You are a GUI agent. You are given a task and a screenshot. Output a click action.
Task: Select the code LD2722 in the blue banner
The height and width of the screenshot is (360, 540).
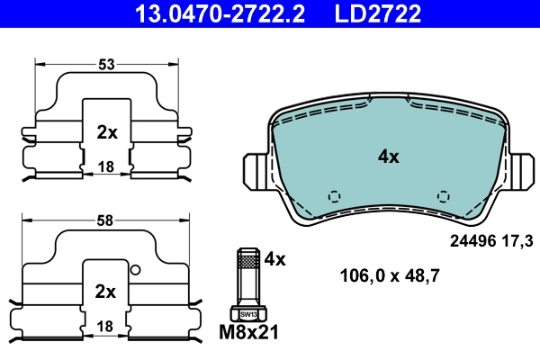tap(379, 13)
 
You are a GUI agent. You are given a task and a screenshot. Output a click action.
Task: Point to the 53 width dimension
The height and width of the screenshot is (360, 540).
tap(106, 64)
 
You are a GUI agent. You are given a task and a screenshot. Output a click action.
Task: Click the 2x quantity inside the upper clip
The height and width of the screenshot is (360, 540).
tap(106, 132)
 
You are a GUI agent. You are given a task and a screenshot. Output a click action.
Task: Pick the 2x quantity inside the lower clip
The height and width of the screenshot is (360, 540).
tap(106, 292)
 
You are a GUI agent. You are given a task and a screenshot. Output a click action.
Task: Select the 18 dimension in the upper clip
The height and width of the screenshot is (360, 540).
tap(106, 167)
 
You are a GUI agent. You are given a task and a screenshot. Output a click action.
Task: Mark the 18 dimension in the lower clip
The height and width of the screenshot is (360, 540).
tap(106, 325)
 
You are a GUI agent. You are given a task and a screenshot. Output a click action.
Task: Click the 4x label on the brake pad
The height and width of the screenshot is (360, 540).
tap(388, 157)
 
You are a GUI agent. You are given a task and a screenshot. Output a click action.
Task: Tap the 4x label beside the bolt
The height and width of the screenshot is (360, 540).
tap(274, 259)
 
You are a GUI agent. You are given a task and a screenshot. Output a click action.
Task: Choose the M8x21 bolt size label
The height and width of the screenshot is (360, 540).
tap(250, 334)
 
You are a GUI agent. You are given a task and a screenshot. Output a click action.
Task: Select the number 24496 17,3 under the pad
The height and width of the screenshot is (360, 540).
tap(490, 240)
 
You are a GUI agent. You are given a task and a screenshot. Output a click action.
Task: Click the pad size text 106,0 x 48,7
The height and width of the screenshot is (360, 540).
tap(389, 276)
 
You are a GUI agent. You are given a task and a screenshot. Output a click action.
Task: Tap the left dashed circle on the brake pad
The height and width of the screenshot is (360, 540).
tap(334, 196)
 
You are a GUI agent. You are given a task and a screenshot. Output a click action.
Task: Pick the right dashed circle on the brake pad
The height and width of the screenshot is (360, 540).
tap(442, 196)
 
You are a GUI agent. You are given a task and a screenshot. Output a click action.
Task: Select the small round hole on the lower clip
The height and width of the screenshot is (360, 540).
tap(135, 270)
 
